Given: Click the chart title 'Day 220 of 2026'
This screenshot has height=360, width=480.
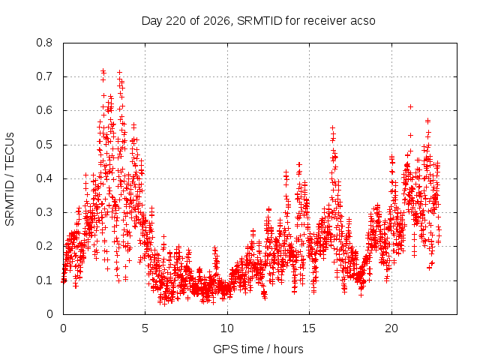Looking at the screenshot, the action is pos(186,21).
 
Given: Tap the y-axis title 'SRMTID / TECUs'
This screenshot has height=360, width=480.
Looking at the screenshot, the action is pos(10,179).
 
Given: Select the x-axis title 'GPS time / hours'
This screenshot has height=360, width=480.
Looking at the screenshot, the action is pos(258,349).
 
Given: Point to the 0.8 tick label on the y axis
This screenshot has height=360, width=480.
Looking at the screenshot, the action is pos(44,43).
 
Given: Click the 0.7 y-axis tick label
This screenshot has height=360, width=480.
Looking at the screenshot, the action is pos(44,76).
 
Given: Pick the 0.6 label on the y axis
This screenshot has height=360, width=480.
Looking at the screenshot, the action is pos(44,110).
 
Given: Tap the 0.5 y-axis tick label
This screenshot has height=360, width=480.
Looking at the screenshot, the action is pos(44,145).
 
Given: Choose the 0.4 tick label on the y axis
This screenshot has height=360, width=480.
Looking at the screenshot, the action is pos(44,178).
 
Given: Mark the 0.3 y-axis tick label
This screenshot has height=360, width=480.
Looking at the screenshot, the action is pos(44,212).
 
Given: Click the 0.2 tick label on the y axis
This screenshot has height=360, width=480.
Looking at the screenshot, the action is pos(44,246).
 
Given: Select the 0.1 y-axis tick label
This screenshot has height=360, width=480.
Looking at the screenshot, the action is pos(44,280).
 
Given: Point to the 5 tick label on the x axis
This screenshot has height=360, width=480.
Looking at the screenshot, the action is pos(145,328).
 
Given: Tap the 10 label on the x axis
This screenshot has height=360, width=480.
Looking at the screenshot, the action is pos(227,328).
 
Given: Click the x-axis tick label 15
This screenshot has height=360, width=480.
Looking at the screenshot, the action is pos(309,328).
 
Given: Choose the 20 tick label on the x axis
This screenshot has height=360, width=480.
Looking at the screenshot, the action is pos(391,328).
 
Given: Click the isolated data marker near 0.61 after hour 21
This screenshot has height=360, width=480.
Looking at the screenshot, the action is pos(410,106).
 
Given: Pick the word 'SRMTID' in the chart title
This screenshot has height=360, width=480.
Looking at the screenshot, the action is pos(259,21).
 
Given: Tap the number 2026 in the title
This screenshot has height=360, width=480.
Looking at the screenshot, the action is pos(217,21).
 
